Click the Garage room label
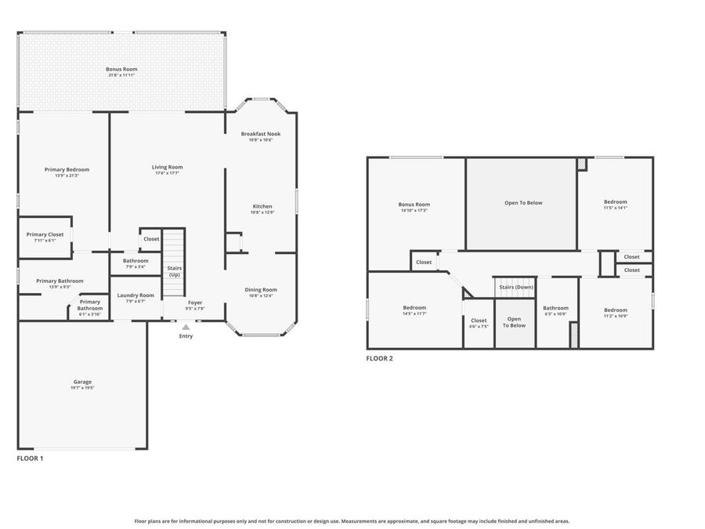coord(82,382)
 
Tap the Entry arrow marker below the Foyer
coord(186,328)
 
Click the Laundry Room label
coord(136,295)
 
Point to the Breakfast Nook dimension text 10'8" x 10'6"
coord(260,140)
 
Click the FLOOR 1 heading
coord(31,458)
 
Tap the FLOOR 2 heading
coord(380,358)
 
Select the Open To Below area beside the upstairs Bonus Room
coord(522,203)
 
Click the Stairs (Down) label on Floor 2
coord(516,287)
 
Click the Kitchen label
coord(262,206)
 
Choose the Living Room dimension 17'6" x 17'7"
coord(167,173)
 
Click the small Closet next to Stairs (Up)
coord(151,239)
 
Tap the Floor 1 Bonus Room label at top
coord(121,69)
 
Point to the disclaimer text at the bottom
coord(352,520)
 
